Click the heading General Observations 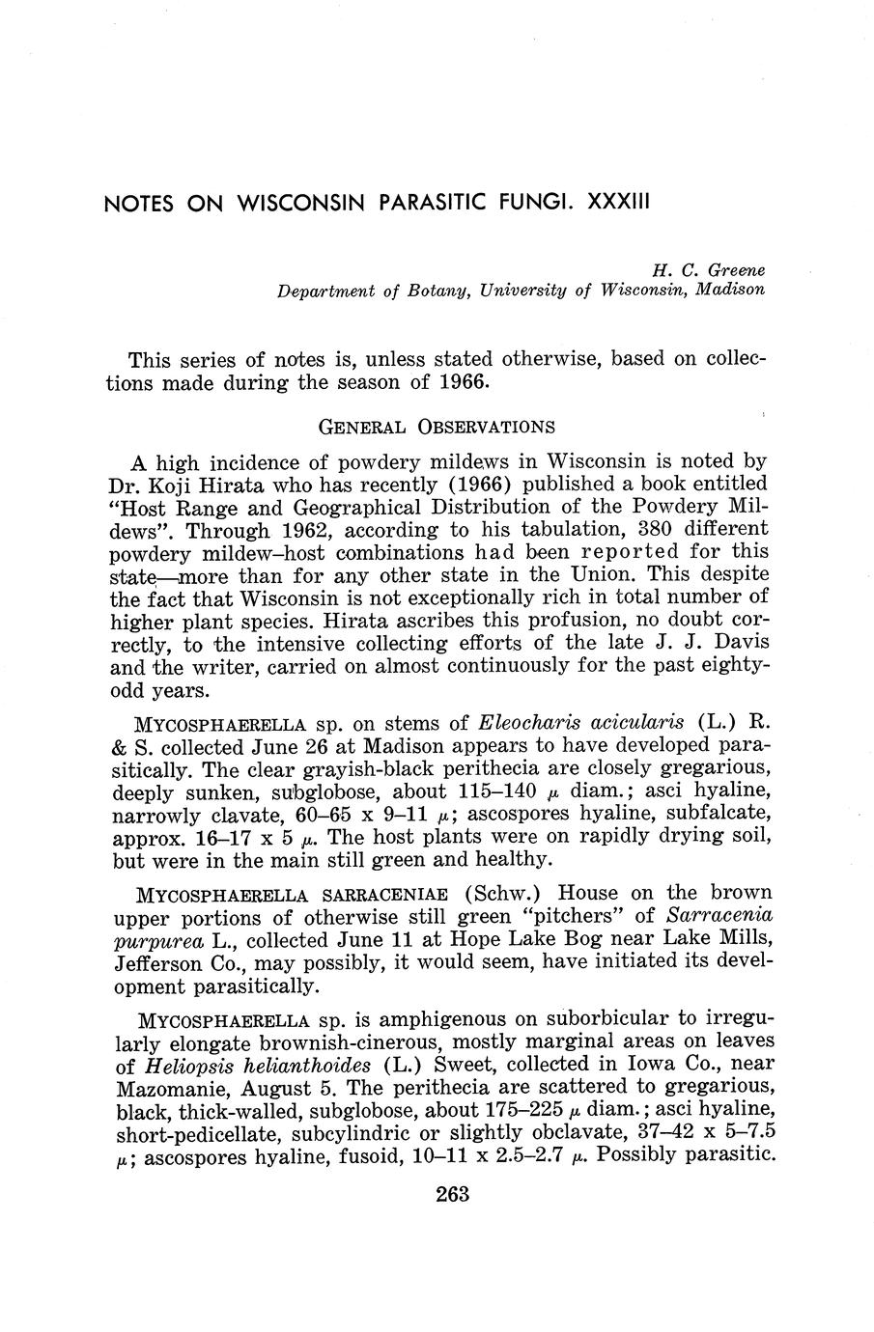point(437,426)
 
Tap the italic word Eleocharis point(527,722)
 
